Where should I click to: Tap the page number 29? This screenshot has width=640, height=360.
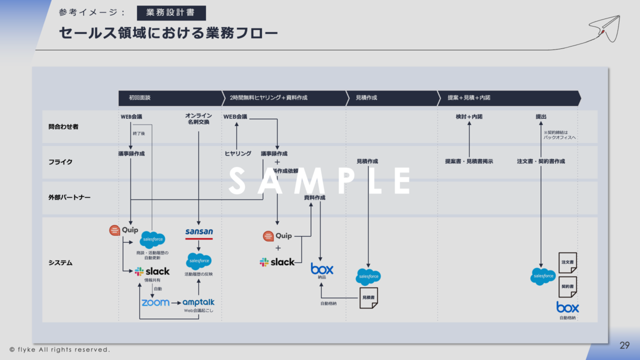(x=624, y=345)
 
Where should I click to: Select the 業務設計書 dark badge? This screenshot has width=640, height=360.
(x=171, y=13)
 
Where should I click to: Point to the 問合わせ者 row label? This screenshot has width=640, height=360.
(x=60, y=127)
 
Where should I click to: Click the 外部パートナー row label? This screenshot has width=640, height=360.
(x=66, y=197)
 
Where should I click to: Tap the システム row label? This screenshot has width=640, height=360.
(x=60, y=263)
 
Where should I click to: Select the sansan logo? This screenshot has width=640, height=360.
(x=199, y=232)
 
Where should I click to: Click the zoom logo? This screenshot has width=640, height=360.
(x=155, y=302)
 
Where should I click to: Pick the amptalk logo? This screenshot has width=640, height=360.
(x=198, y=302)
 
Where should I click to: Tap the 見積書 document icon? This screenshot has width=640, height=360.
(x=368, y=297)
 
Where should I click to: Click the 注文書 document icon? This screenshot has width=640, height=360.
(x=567, y=262)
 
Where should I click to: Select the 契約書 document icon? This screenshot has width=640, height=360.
(x=567, y=287)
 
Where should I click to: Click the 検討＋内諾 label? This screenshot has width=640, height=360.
(x=469, y=117)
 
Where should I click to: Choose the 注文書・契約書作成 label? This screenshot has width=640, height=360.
(x=541, y=161)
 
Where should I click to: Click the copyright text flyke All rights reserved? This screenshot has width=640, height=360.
(x=59, y=349)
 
